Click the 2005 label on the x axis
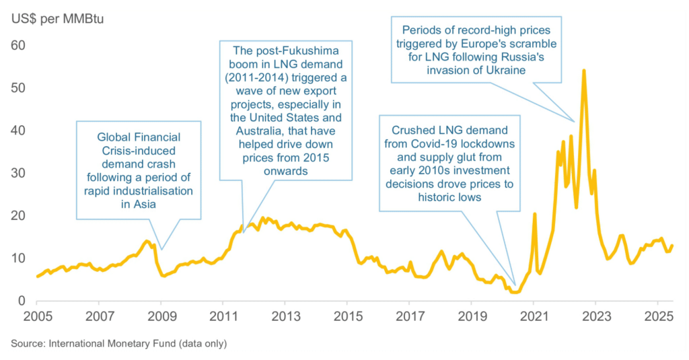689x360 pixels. click(37, 316)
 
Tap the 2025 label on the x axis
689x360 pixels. click(657, 316)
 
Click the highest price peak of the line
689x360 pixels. click(583, 70)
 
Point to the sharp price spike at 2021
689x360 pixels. click(534, 214)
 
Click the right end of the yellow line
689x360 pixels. click(672, 246)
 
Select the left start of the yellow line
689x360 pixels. click(37, 276)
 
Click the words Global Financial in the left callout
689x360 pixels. click(139, 137)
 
